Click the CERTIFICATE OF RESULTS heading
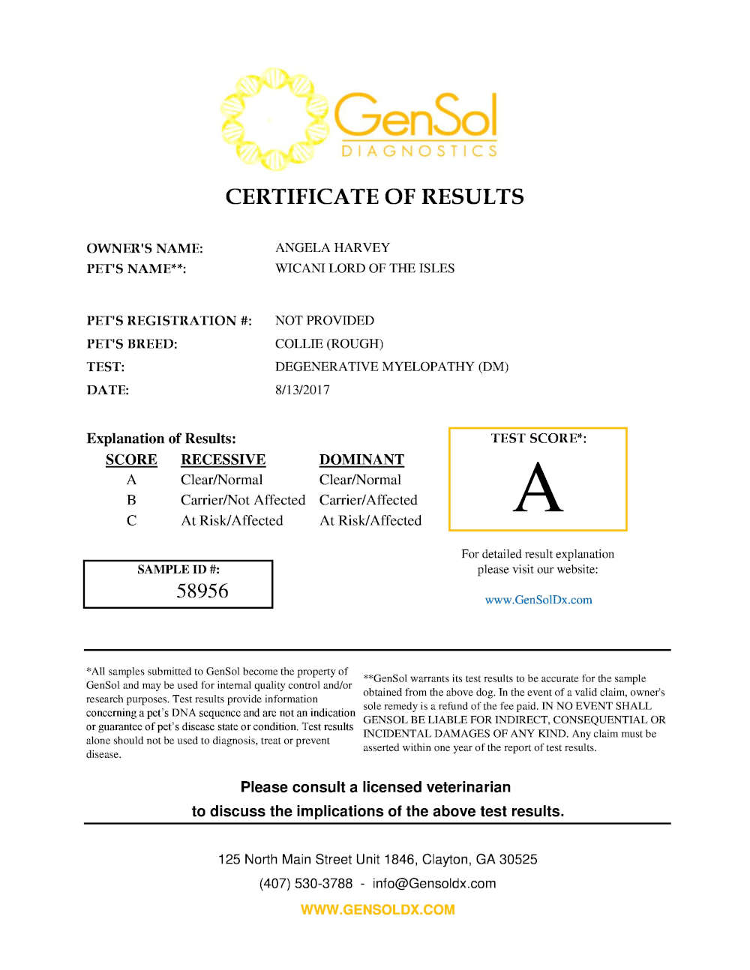374,196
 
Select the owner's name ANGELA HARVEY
332,247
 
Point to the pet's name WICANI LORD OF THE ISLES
364,268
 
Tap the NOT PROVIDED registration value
324,321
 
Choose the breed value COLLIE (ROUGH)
328,344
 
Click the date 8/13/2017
302,390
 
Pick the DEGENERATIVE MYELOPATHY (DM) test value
391,367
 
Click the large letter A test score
538,488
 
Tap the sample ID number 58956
202,591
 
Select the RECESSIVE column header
223,460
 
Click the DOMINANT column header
361,460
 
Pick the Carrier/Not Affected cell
243,500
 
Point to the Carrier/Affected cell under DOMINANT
368,500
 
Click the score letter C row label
131,520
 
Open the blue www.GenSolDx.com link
538,600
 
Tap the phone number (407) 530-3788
305,883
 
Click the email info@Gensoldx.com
433,883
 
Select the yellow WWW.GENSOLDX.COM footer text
377,909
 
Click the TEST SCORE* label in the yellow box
538,439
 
